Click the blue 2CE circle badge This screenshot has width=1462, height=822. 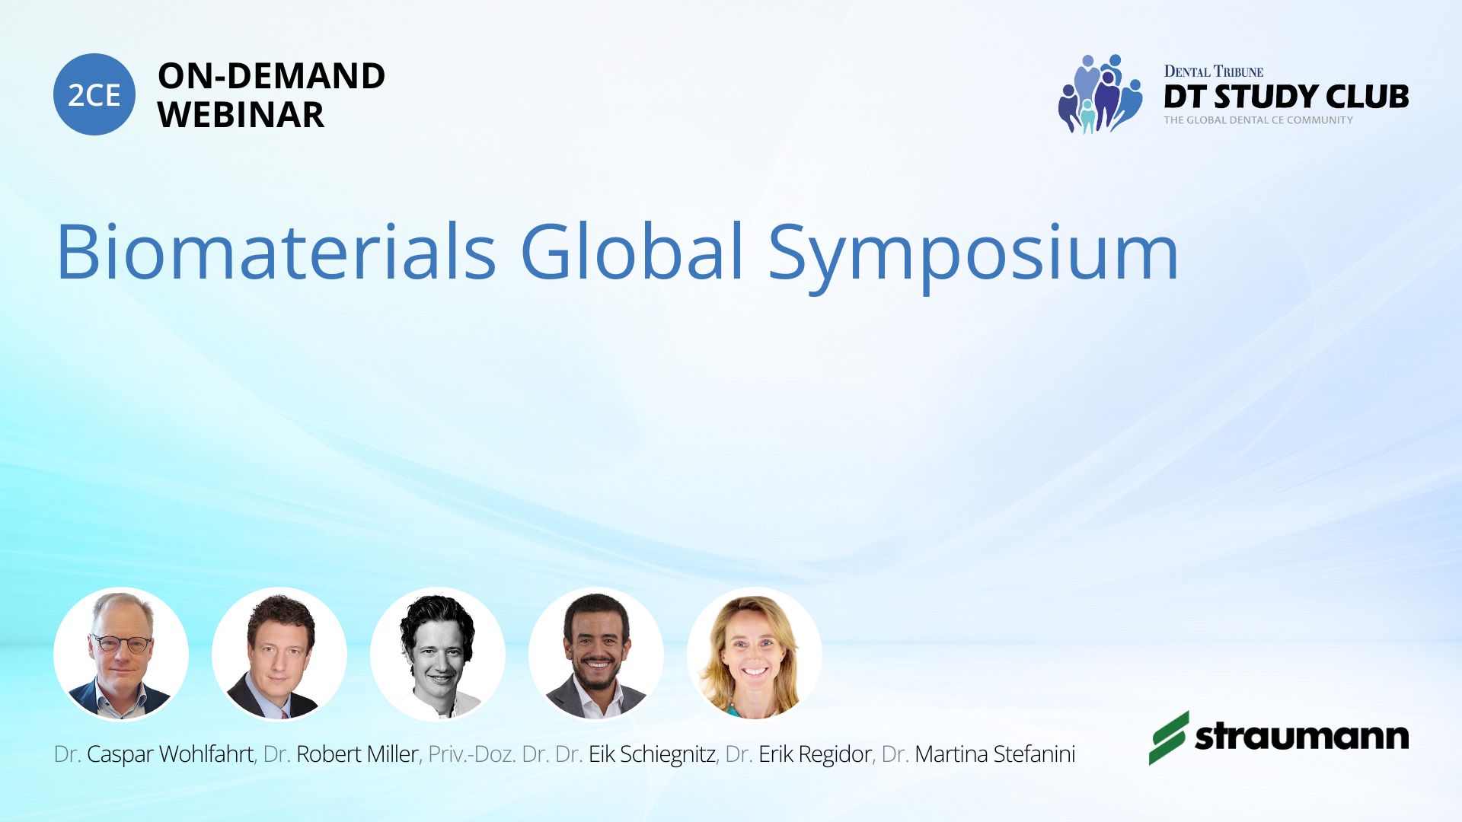coord(94,94)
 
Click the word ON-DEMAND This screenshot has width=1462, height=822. coord(271,76)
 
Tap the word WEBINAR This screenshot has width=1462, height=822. coord(241,115)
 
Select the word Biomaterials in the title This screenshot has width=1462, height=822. coord(276,251)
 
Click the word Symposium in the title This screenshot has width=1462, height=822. coord(973,257)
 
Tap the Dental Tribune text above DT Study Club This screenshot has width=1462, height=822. coord(1214,72)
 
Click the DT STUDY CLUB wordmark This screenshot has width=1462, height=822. coord(1286,97)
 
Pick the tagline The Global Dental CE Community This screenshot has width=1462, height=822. coord(1258,119)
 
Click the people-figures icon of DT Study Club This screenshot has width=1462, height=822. coord(1100,94)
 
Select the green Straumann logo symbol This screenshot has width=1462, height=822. coord(1169,738)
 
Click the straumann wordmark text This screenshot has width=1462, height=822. coord(1302,736)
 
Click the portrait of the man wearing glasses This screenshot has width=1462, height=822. coord(121,654)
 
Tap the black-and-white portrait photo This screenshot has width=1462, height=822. coord(438,654)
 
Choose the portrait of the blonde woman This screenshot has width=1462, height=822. coord(755,654)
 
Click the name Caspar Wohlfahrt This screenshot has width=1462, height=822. coord(170,754)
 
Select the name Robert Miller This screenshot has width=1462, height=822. coord(357,754)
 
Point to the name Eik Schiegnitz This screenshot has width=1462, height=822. coord(652,754)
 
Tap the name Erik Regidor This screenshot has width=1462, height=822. coord(815,754)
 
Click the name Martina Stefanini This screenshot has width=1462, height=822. coord(995,754)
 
